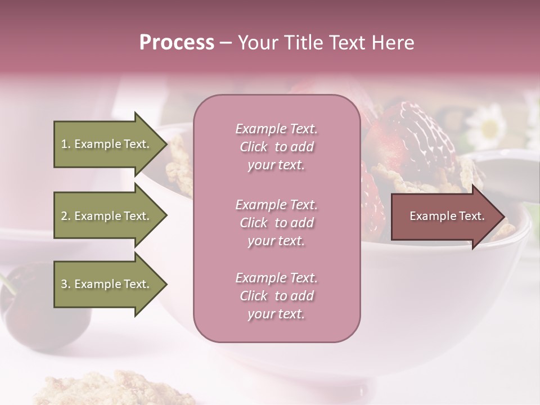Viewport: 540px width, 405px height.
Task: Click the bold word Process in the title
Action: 177,43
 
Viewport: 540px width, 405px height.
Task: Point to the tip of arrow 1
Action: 166,145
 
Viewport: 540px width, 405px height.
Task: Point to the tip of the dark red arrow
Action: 504,217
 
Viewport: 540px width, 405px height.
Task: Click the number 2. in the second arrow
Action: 65,216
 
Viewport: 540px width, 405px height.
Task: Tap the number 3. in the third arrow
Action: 65,284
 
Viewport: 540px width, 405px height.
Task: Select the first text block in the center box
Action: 276,147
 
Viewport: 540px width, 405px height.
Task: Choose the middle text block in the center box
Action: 276,223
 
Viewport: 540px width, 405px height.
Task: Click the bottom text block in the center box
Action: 276,296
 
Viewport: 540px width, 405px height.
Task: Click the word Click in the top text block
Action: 254,147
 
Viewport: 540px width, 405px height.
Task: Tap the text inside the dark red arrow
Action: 447,216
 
